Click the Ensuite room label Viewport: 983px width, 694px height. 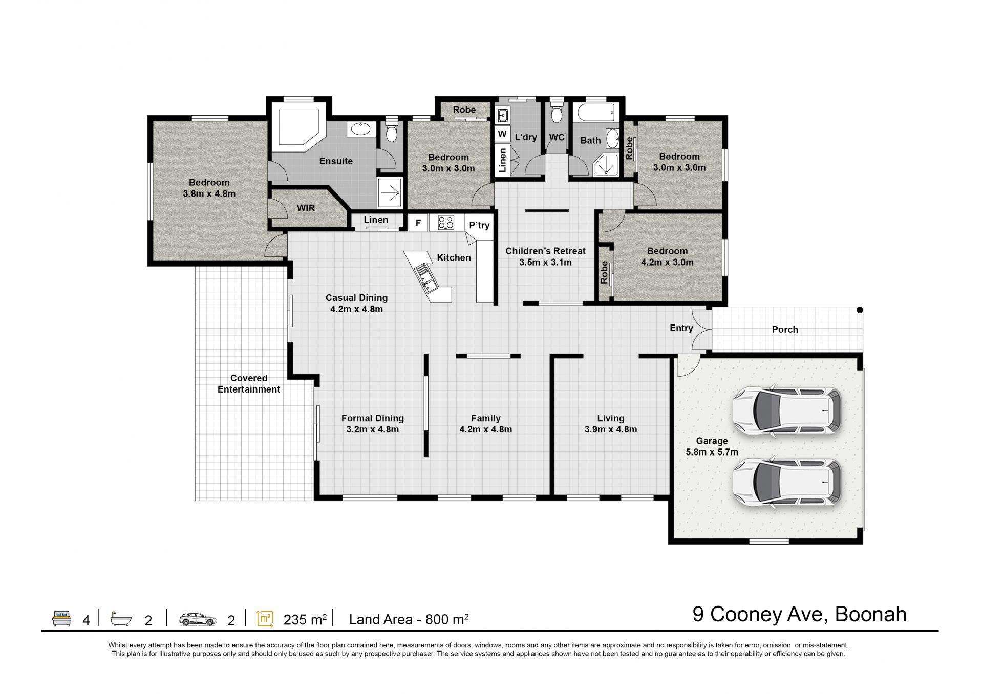[336, 161]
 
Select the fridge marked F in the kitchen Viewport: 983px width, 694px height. [418, 223]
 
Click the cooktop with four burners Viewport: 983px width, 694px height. [446, 223]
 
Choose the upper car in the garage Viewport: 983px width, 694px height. [787, 410]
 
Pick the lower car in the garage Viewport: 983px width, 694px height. [787, 482]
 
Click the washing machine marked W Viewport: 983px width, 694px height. [502, 134]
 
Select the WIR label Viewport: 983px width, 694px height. [306, 208]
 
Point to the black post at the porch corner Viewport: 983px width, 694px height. [860, 310]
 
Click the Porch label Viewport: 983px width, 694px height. [785, 330]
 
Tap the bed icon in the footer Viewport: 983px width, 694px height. [61, 618]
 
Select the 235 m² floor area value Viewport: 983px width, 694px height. [305, 619]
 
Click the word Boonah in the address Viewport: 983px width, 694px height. [870, 614]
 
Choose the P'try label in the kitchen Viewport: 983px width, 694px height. [479, 225]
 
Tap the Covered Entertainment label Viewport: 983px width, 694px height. [249, 384]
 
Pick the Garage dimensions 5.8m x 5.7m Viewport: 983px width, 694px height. [712, 452]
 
